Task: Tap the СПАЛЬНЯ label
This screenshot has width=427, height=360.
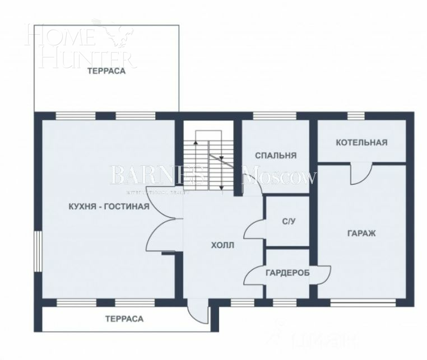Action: pos(275,156)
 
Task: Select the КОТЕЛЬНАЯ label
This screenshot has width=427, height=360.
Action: pos(361,143)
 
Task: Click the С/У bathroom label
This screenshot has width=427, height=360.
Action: pos(288,221)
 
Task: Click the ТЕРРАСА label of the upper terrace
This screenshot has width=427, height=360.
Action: pos(106,72)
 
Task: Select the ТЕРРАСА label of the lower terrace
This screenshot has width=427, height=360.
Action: pos(124,319)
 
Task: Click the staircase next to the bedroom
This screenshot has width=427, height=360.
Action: pos(209,160)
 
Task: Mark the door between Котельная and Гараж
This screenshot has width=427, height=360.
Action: pos(361,173)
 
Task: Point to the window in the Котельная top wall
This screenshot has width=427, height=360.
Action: pos(356,116)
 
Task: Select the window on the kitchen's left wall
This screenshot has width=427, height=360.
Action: pos(37,250)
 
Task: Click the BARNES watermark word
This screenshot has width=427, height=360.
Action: pos(157,176)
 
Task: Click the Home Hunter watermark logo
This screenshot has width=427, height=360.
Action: pos(78,45)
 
